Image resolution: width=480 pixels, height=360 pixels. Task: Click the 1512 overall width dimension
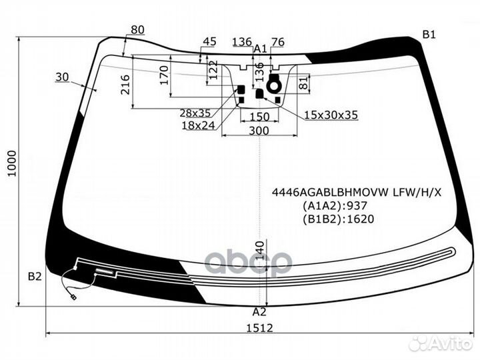pyautogui.click(x=259, y=328)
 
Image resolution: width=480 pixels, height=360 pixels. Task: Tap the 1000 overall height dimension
pyautogui.click(x=12, y=163)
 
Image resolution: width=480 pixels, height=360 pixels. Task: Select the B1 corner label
pyautogui.click(x=429, y=35)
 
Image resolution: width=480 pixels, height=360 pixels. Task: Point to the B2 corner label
pyautogui.click(x=35, y=277)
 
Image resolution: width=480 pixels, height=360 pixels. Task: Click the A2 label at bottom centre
pyautogui.click(x=259, y=312)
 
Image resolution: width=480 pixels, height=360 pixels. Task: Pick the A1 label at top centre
pyautogui.click(x=261, y=49)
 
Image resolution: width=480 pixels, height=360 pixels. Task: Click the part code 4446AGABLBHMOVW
pyautogui.click(x=331, y=193)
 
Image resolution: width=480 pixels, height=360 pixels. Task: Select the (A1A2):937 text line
pyautogui.click(x=335, y=206)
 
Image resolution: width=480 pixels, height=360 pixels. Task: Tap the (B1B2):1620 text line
pyautogui.click(x=338, y=219)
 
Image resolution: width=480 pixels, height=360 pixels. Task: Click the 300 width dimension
pyautogui.click(x=259, y=131)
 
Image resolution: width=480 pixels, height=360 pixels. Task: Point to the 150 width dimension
pyautogui.click(x=259, y=117)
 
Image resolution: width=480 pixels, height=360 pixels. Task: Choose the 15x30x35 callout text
pyautogui.click(x=331, y=115)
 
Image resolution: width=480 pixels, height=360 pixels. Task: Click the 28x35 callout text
pyautogui.click(x=195, y=113)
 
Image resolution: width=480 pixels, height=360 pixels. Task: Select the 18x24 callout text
pyautogui.click(x=198, y=125)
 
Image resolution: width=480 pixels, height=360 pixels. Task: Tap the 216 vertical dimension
pyautogui.click(x=125, y=85)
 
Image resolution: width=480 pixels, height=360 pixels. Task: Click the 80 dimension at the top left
pyautogui.click(x=137, y=30)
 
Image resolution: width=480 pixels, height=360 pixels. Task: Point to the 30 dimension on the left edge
pyautogui.click(x=62, y=77)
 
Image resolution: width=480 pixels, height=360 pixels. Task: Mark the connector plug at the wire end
pyautogui.click(x=73, y=297)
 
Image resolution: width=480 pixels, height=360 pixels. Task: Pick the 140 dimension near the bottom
pyautogui.click(x=259, y=251)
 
